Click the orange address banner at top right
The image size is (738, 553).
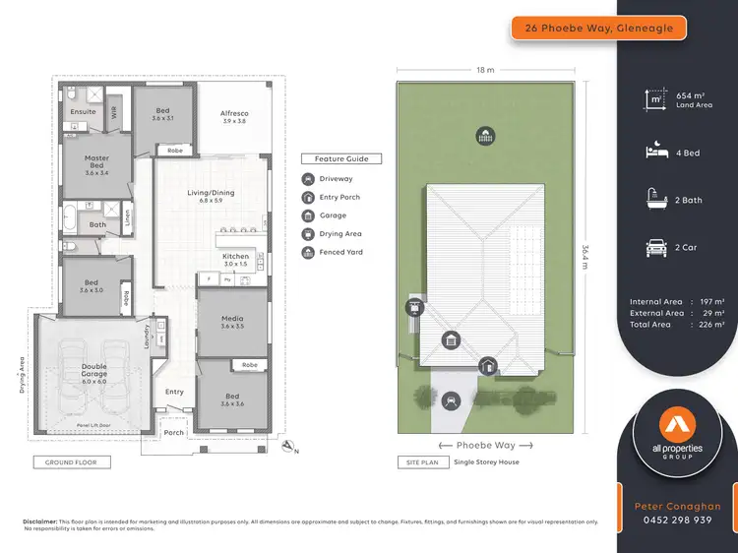coord(598,28)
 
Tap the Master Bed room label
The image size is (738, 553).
coord(96,162)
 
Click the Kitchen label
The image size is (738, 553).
coord(235,260)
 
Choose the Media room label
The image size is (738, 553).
coord(233,321)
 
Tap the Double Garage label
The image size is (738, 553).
coord(94,371)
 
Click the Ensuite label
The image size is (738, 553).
coord(84,112)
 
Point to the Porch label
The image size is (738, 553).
coord(174,433)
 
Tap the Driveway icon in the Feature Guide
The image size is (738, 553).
coord(308,179)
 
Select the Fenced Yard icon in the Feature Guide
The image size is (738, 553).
coord(308,253)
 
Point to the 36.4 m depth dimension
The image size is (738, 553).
coord(585,258)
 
